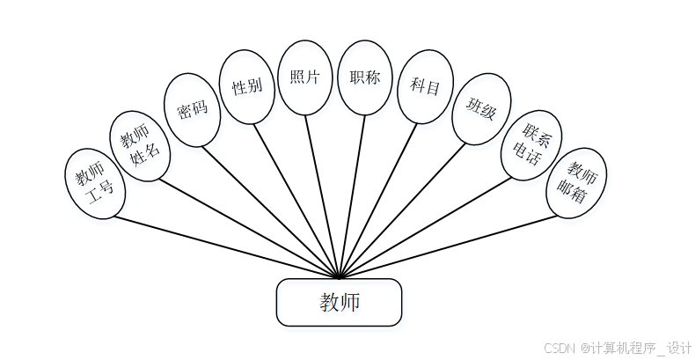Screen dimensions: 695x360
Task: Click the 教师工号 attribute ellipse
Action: click(95, 184)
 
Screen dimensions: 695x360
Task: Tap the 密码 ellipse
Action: click(192, 110)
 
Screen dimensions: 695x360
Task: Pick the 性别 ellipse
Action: click(246, 86)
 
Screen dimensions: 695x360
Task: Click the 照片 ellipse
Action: click(304, 77)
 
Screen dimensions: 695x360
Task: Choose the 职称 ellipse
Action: click(364, 77)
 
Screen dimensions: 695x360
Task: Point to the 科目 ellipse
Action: click(425, 86)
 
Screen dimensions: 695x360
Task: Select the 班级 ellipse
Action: click(481, 110)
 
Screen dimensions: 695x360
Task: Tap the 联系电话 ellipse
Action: click(530, 145)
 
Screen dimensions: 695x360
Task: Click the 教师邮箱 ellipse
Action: click(576, 184)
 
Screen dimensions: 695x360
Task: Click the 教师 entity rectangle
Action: click(340, 303)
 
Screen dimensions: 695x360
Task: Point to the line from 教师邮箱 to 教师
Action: click(457, 246)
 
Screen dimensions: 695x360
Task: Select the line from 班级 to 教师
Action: click(405, 209)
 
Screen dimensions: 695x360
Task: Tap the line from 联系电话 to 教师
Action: click(431, 225)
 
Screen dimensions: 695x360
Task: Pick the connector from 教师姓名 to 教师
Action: click(246, 224)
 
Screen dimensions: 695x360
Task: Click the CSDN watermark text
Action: click(559, 348)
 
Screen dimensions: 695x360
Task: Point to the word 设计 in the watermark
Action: click(678, 348)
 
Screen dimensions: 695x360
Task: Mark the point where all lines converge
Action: click(340, 277)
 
